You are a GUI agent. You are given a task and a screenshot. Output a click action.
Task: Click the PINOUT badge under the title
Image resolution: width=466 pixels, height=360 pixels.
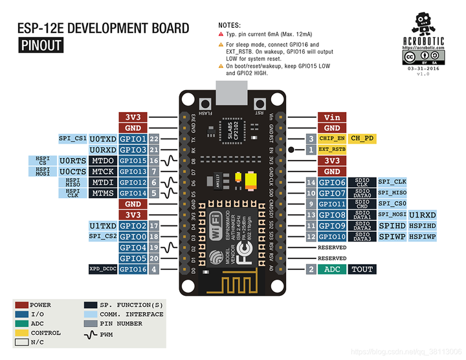click(41, 45)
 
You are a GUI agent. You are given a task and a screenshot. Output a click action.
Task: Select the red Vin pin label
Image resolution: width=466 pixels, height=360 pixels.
click(332, 117)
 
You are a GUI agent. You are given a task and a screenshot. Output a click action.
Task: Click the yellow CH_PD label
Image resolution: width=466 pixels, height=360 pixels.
click(362, 139)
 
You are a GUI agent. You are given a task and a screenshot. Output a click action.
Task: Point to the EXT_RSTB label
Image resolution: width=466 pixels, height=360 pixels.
click(332, 150)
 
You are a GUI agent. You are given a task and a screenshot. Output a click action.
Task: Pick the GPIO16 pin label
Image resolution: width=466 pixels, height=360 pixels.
click(133, 269)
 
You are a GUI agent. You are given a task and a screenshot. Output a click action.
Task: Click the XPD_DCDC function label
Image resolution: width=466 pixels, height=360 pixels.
click(103, 269)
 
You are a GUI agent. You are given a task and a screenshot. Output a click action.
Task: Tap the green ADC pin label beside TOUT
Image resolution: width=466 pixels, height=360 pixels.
click(332, 269)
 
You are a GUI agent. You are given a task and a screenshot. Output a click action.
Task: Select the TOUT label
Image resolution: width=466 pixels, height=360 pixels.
click(362, 269)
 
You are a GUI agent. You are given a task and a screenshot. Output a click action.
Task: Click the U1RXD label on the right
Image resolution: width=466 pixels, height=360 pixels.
click(422, 215)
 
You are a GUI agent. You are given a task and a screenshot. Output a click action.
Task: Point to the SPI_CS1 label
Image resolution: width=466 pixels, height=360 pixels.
click(72, 139)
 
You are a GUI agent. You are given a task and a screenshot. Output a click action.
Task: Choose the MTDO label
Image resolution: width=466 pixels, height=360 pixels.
click(103, 161)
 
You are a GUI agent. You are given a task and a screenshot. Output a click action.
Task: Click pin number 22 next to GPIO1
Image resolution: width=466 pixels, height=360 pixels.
click(154, 139)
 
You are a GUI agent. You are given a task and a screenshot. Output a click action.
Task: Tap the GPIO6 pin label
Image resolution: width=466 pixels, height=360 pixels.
click(332, 183)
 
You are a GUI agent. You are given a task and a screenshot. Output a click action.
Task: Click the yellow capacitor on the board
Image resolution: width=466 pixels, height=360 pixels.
click(241, 180)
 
